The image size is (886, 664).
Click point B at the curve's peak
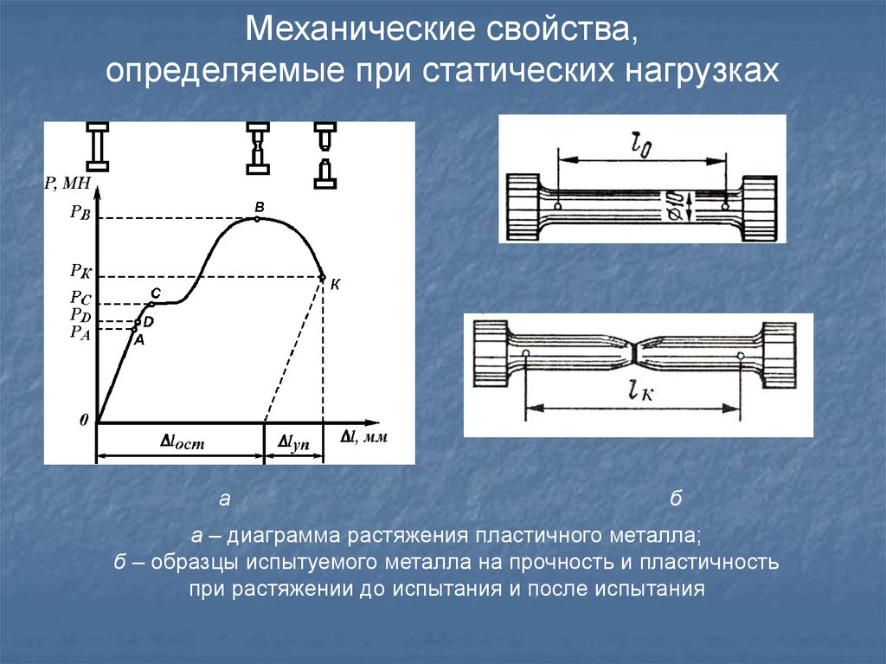(257, 218)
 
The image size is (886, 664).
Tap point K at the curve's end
(323, 277)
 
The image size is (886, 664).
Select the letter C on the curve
(156, 293)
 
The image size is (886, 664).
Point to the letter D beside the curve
(148, 322)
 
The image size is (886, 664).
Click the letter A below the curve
(139, 340)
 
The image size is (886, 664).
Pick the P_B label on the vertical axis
(80, 213)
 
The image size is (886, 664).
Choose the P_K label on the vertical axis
(80, 272)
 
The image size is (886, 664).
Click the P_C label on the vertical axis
(80, 298)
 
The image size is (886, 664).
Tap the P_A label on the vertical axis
(80, 332)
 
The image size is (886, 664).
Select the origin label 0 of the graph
(84, 420)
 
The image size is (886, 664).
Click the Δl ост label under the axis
(183, 442)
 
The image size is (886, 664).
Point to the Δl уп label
(293, 443)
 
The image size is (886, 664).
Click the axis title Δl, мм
(364, 436)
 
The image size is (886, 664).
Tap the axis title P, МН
(67, 183)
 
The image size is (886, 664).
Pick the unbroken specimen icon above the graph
(98, 146)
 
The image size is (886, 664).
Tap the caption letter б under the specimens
(676, 499)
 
